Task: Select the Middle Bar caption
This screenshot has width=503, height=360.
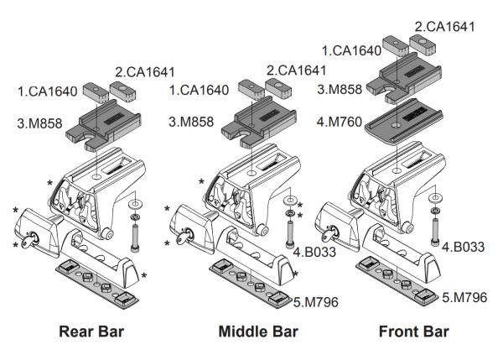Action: point(258,331)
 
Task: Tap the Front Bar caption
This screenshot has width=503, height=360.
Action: point(413,331)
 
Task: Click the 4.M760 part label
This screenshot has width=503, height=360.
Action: point(339,122)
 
